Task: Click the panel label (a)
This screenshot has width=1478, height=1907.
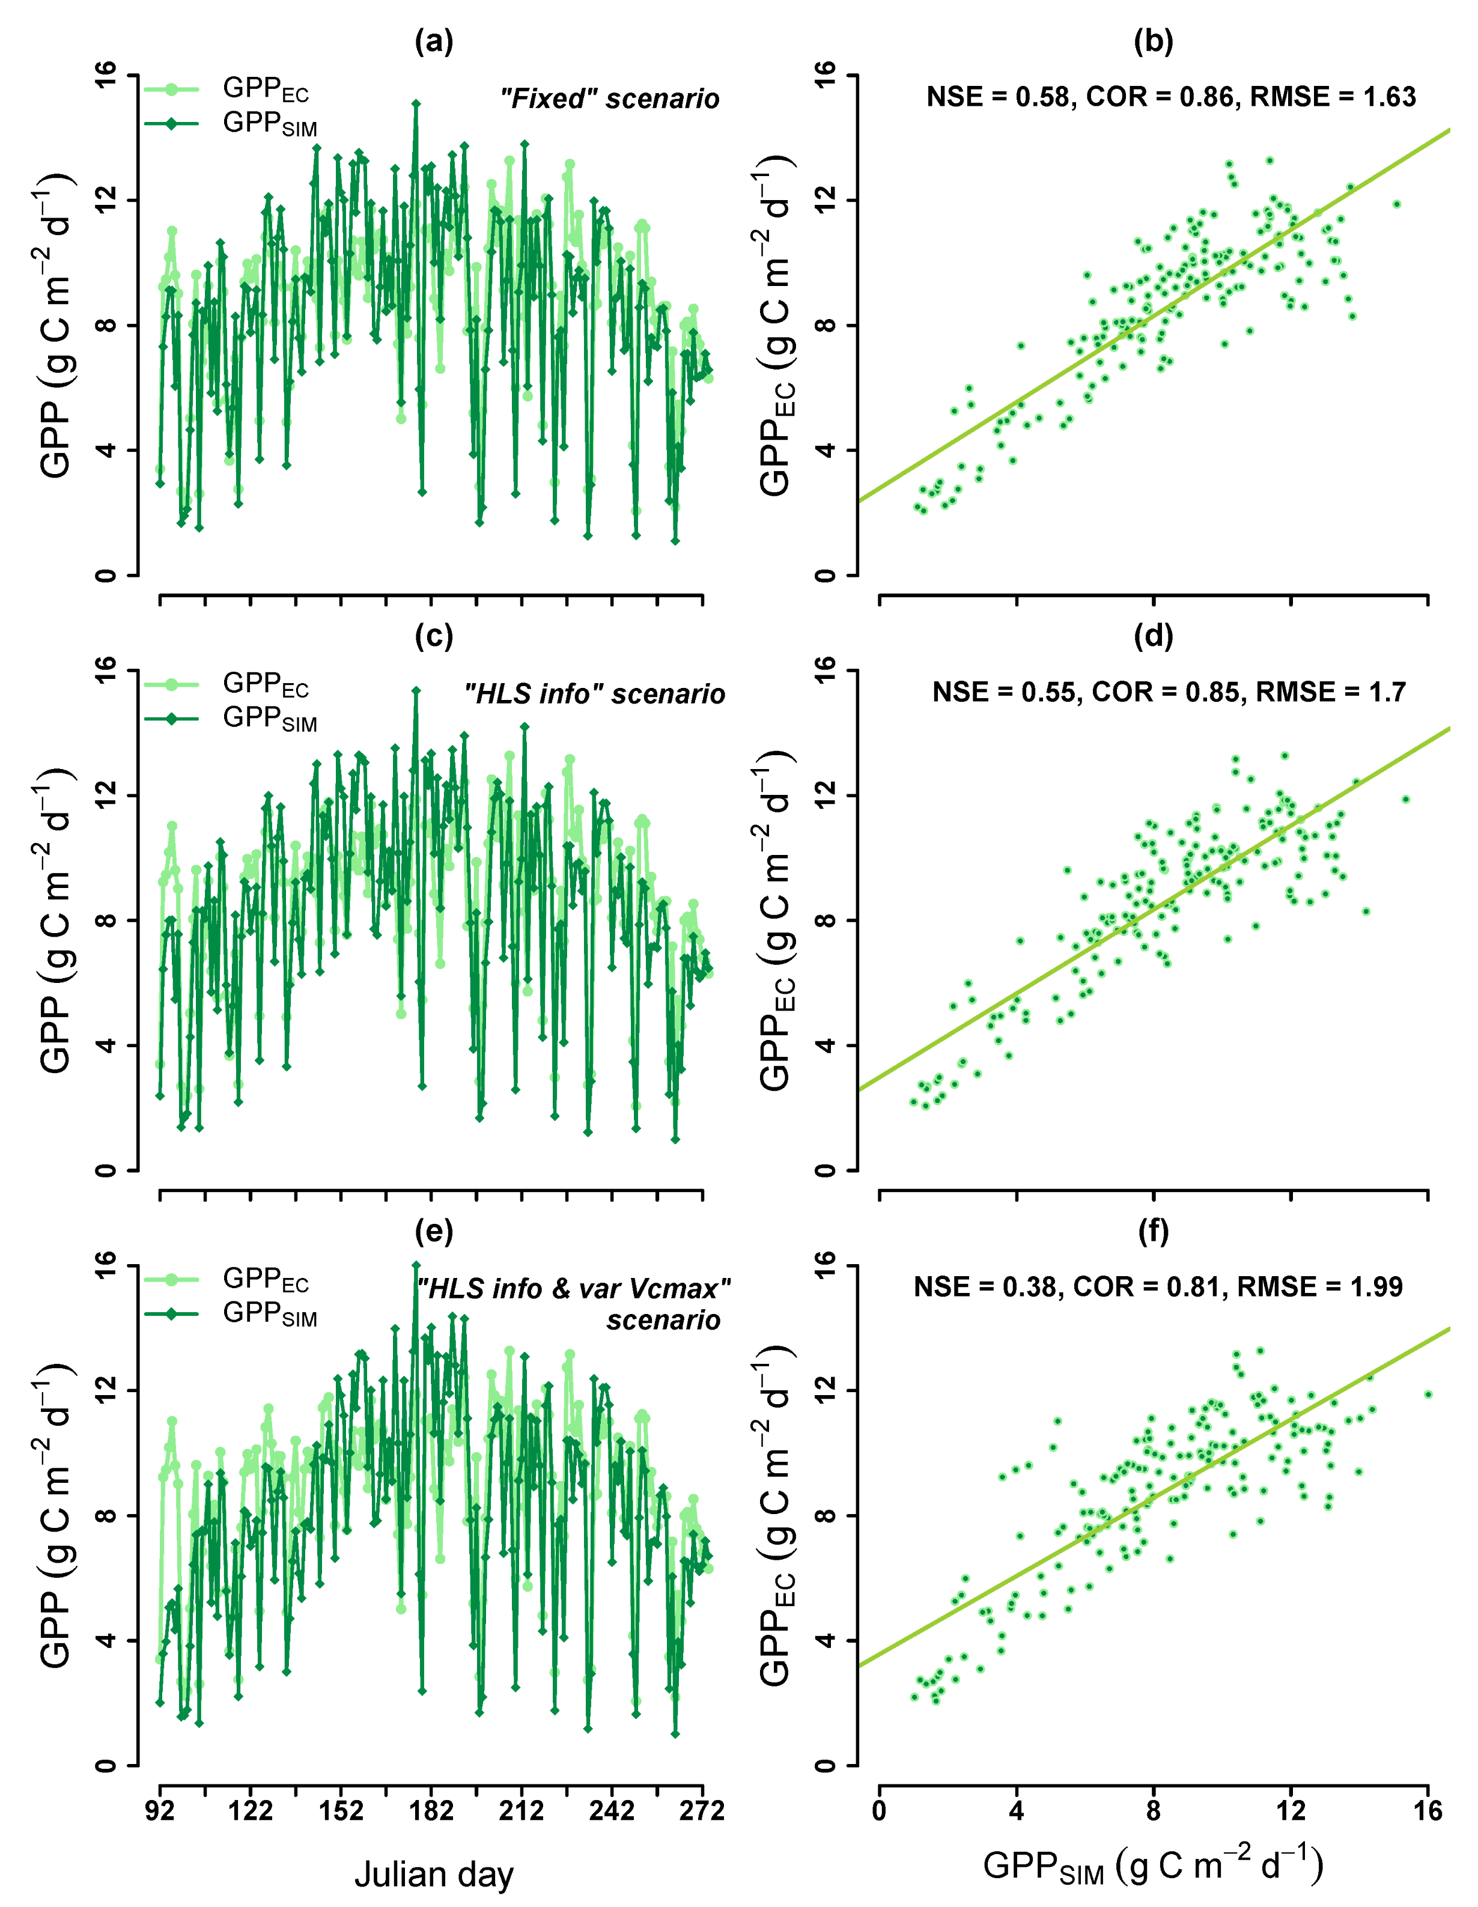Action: [x=434, y=41]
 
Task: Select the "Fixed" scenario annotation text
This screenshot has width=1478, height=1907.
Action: [x=609, y=99]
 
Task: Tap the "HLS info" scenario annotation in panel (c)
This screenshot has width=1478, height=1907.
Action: [x=595, y=694]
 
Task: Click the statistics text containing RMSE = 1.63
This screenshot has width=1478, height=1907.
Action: [x=1171, y=96]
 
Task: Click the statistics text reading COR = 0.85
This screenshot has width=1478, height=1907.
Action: [x=1169, y=692]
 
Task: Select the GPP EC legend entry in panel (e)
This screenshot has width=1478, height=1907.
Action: [x=266, y=1280]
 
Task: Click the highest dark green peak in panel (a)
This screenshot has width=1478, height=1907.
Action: [x=416, y=104]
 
